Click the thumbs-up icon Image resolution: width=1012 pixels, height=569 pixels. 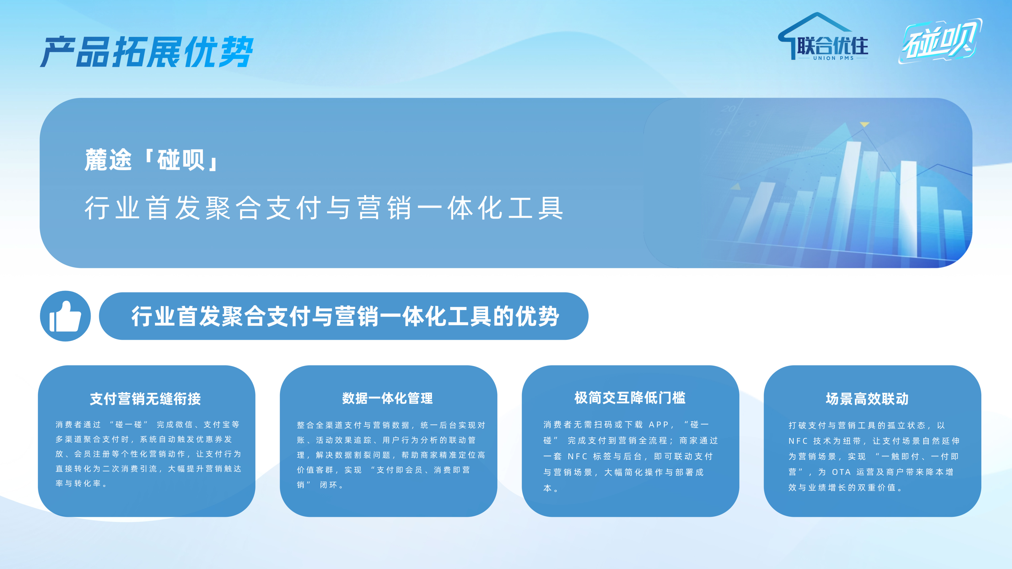coord(65,316)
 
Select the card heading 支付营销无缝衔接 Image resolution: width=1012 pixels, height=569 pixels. coord(145,399)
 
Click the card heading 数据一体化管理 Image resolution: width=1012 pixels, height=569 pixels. coord(387,398)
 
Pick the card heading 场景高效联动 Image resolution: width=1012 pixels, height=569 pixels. coord(867,399)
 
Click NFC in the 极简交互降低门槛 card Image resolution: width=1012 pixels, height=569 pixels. coord(577,456)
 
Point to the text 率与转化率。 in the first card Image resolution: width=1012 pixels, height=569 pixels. coord(81,483)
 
